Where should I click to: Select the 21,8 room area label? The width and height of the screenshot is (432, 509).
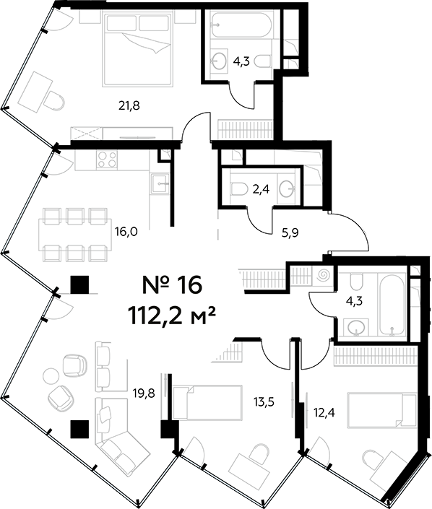click(x=129, y=105)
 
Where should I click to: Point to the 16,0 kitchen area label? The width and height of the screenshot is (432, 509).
click(x=126, y=232)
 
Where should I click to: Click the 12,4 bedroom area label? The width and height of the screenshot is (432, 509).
click(x=323, y=412)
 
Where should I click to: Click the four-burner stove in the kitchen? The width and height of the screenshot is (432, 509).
click(x=107, y=160)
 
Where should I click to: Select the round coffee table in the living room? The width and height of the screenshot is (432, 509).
click(x=51, y=376)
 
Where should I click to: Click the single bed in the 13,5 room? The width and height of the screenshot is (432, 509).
click(x=215, y=401)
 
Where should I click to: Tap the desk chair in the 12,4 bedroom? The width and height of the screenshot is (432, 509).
click(x=370, y=459)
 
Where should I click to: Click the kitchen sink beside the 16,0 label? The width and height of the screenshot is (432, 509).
click(x=160, y=185)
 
